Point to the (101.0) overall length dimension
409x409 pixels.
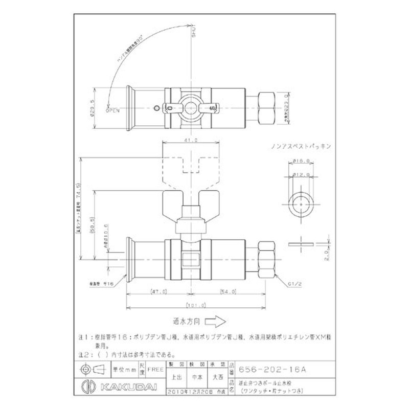(197, 305)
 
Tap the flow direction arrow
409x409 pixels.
(217, 323)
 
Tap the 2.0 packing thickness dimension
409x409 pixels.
(325, 254)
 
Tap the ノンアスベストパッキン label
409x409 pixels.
(302, 146)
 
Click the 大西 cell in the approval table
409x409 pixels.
(218, 377)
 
